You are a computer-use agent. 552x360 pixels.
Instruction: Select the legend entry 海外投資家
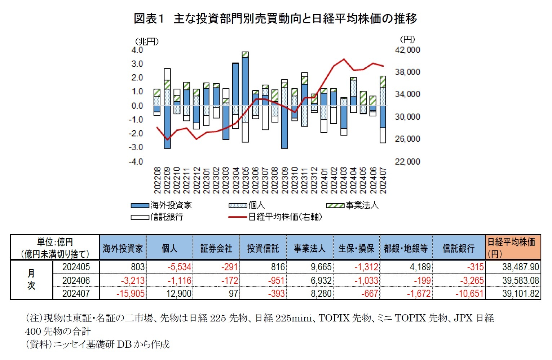[171, 205]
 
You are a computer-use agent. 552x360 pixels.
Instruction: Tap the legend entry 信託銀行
[167, 217]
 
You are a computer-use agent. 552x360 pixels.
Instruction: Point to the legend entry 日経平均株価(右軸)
[284, 217]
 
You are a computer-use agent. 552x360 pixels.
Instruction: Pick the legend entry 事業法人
[362, 205]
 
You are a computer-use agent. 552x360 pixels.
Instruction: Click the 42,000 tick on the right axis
[407, 50]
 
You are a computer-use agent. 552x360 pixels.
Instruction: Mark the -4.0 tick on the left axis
[136, 161]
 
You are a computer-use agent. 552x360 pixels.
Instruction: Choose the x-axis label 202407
[383, 180]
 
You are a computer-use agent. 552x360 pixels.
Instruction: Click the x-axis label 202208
[157, 180]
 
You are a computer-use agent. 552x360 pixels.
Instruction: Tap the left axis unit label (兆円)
[147, 41]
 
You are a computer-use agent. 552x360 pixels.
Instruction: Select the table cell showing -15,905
[131, 294]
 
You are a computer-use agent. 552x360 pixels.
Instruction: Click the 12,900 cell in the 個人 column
[179, 294]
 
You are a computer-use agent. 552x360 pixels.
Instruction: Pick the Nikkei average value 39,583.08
[520, 280]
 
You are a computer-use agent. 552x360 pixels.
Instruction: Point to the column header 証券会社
[216, 248]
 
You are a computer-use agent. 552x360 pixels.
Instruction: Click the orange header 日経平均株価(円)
[512, 248]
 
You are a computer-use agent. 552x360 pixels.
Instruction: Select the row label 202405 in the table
[76, 267]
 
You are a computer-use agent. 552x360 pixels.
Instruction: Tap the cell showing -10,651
[469, 294]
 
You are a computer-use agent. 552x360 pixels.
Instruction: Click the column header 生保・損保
[356, 248]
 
